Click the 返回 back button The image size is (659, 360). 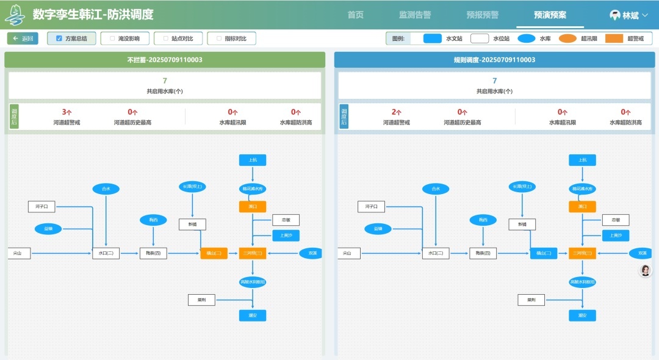click(23, 38)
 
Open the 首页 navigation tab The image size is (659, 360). click(356, 15)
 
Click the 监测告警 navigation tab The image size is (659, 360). click(415, 15)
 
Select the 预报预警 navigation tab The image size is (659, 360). click(482, 15)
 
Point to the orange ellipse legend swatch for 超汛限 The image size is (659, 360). click(567, 38)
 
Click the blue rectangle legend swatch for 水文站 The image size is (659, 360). click(432, 38)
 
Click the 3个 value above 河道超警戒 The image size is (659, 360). click(67, 112)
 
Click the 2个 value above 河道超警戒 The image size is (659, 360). click(397, 112)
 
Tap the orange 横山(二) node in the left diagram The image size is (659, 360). click(214, 253)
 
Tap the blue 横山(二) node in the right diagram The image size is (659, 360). click(544, 253)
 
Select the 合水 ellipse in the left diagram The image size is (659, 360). click(106, 189)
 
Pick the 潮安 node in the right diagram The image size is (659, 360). click(582, 315)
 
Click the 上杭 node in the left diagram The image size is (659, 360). click(253, 160)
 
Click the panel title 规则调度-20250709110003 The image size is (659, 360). click(494, 60)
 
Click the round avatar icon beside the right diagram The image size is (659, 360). click(645, 270)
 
